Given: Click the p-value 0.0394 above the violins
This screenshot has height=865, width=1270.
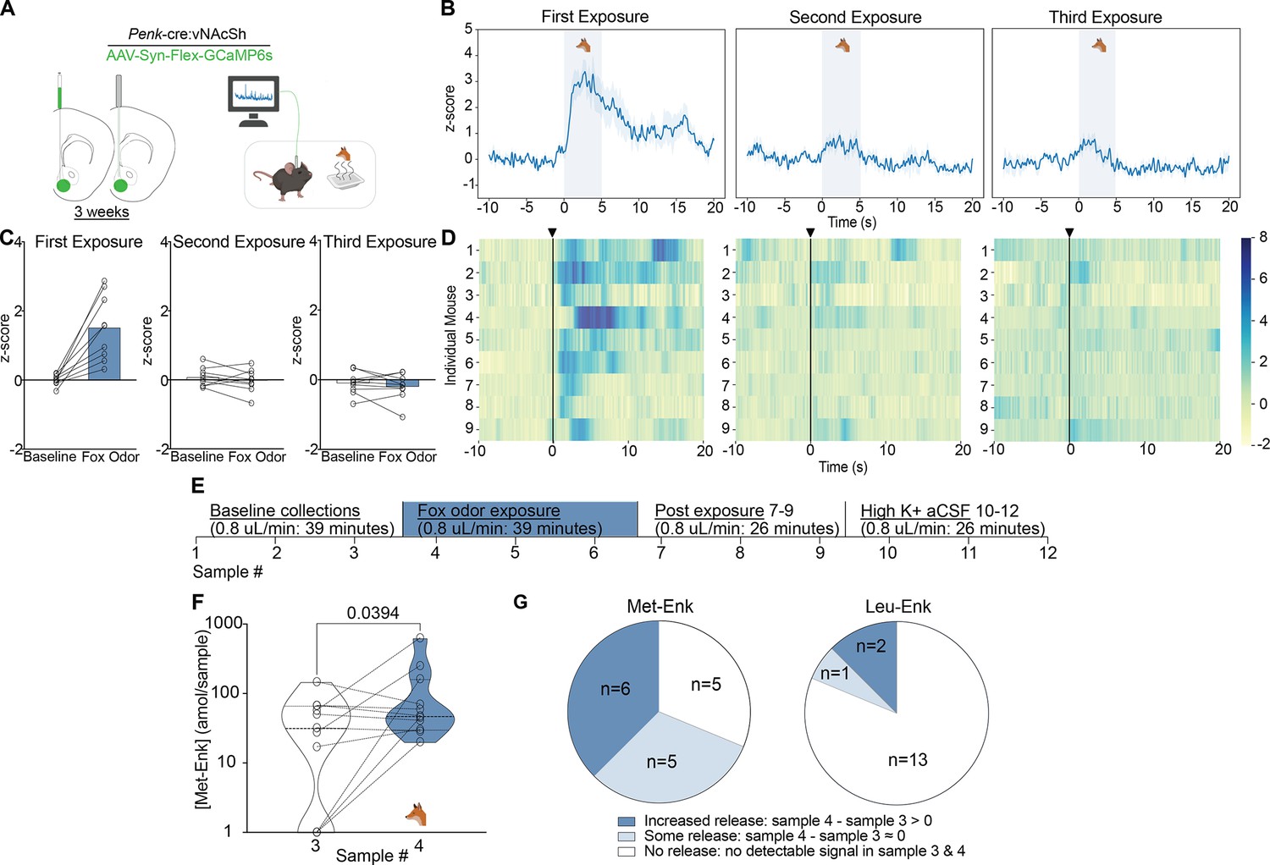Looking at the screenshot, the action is [x=373, y=613].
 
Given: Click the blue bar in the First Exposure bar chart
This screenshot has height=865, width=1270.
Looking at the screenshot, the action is [x=104, y=354].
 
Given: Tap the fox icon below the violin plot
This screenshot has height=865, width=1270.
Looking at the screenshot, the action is [x=416, y=814].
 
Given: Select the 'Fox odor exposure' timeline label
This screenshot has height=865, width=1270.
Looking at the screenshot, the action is [x=489, y=510].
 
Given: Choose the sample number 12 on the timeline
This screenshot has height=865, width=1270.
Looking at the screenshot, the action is [x=1048, y=552].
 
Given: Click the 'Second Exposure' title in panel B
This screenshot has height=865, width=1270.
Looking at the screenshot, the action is [x=855, y=17].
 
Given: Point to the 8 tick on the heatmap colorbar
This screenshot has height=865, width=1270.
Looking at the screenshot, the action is [x=1263, y=238].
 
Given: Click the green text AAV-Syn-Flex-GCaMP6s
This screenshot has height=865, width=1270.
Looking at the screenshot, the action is [x=190, y=56].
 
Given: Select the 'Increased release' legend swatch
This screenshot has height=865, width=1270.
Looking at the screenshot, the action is [x=627, y=821].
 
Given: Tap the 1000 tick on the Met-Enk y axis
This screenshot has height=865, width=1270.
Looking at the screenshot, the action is [x=224, y=624].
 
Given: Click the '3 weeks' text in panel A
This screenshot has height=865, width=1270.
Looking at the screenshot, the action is [x=102, y=212].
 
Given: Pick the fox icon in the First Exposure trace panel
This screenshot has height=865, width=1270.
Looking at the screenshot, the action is [x=583, y=45].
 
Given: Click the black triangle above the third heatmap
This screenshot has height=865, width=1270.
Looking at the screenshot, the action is [x=1069, y=233].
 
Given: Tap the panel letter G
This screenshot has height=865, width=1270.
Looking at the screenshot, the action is [x=521, y=602].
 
